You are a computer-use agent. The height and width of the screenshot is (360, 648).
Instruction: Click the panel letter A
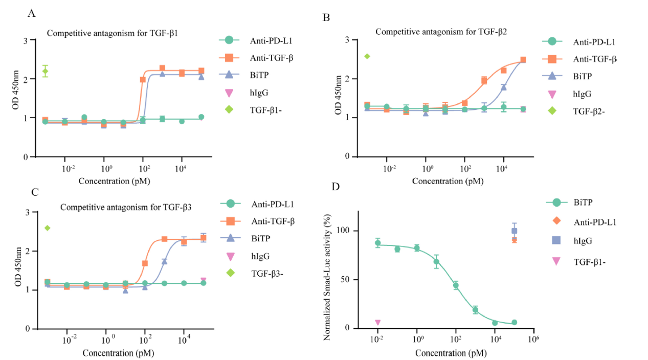tap(31, 13)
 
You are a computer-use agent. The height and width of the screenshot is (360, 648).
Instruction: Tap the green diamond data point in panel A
tap(46, 71)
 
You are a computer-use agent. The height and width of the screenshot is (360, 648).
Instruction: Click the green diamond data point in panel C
tap(48, 228)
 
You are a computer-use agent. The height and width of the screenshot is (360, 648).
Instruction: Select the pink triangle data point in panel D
tap(378, 323)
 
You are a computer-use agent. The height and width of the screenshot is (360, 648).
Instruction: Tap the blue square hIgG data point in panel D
tap(515, 231)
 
